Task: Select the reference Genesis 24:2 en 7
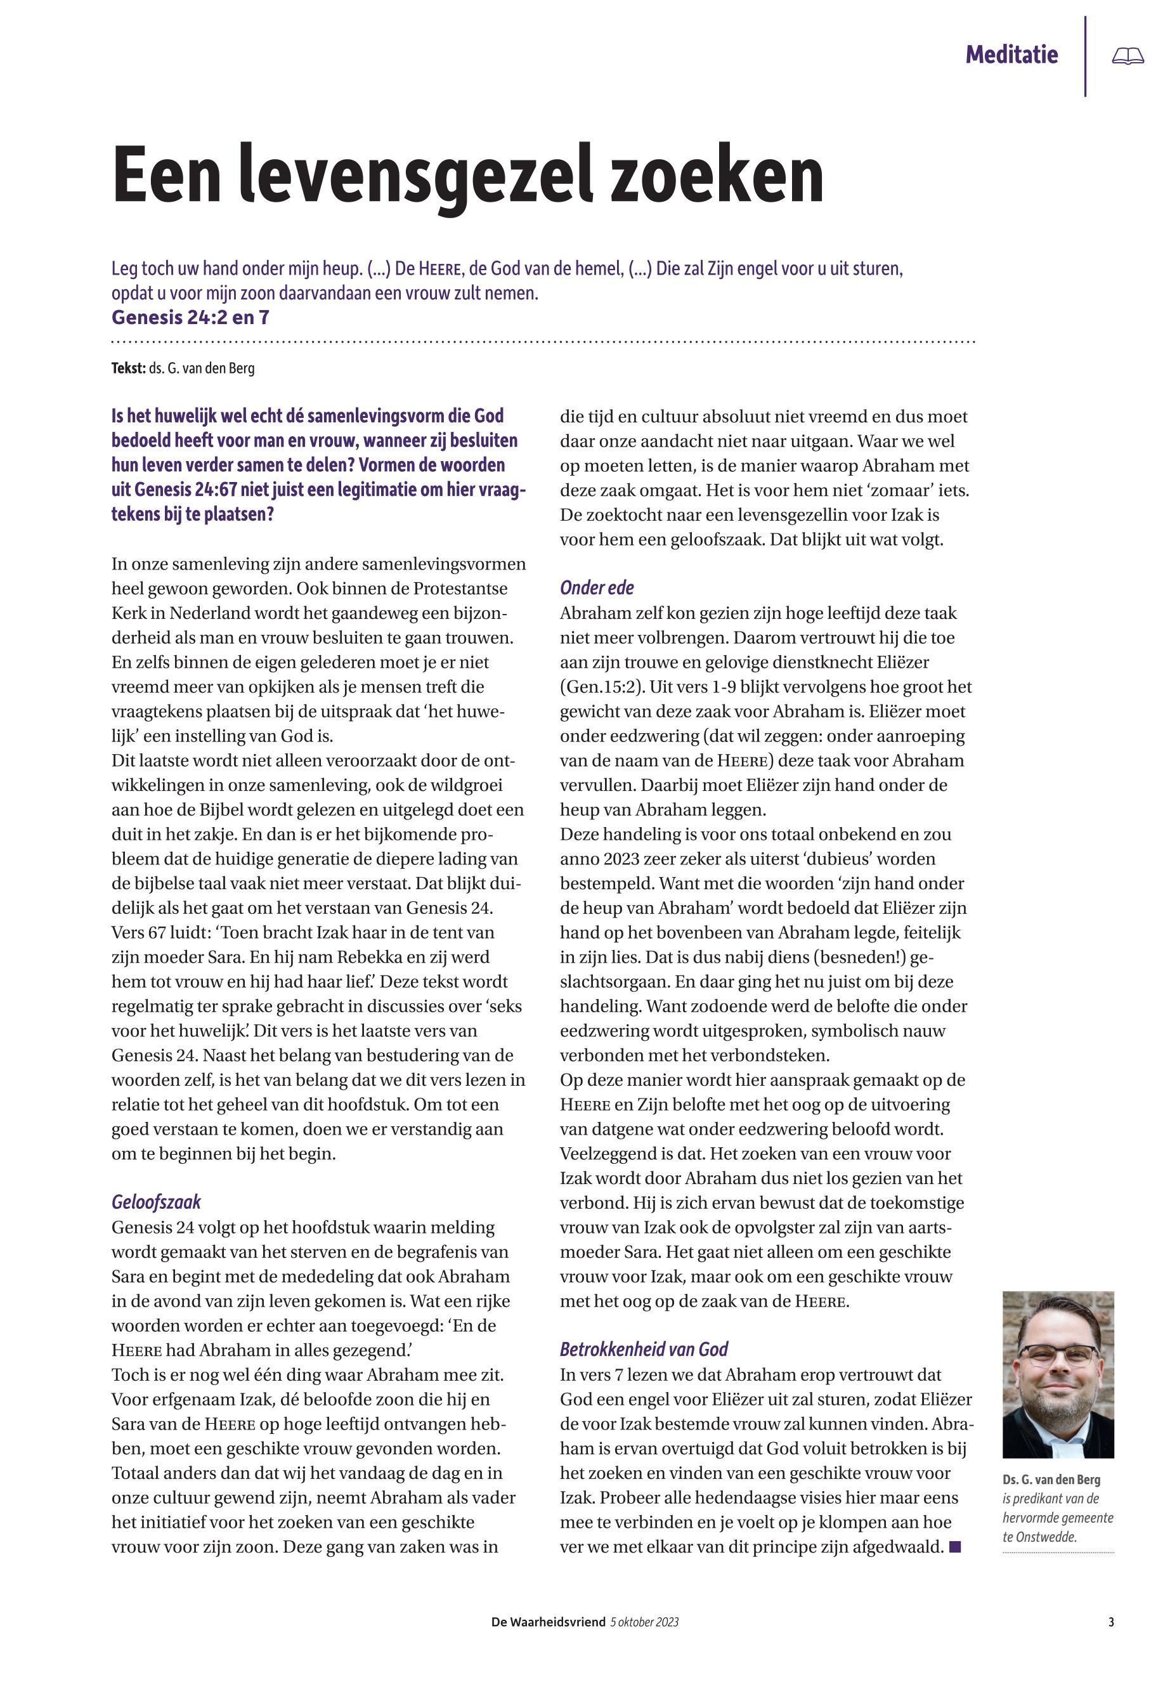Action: tap(190, 318)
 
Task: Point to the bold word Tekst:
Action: tap(128, 368)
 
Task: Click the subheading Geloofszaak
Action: tap(156, 1202)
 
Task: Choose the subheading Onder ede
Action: tap(597, 587)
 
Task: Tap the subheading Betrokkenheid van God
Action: tap(644, 1349)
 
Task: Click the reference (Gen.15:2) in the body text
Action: tap(599, 687)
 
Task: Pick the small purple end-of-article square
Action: tap(954, 1547)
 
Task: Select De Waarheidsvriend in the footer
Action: tap(548, 1622)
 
